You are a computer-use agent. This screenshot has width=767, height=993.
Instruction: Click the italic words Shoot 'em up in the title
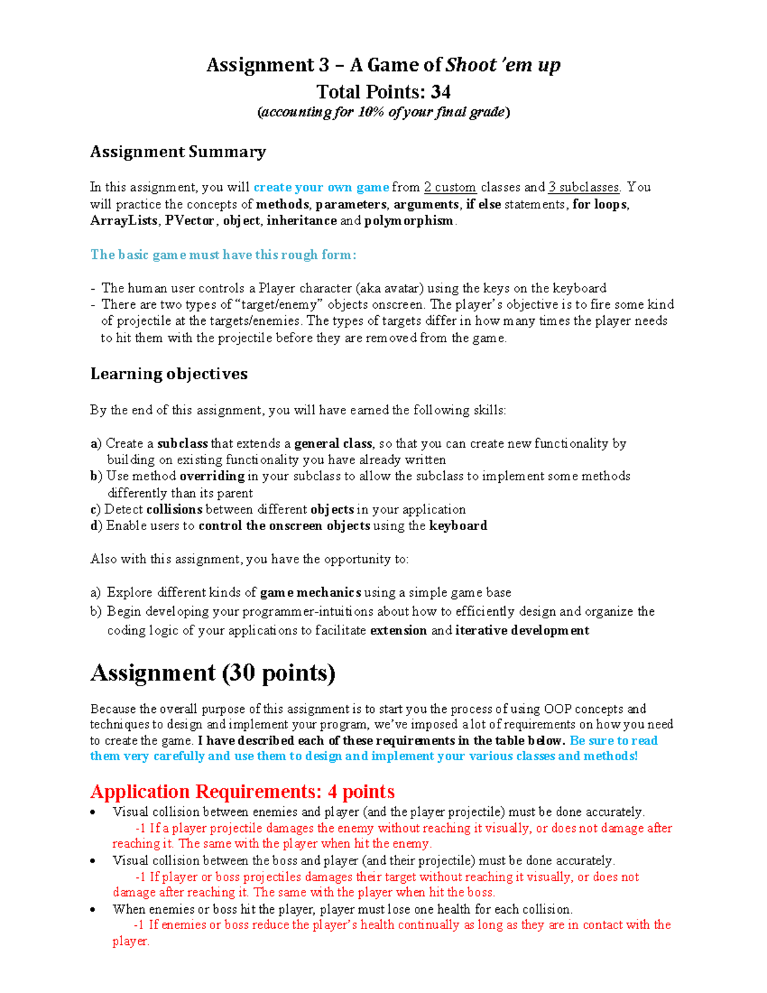coord(502,65)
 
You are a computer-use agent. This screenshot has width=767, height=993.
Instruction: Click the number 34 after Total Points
coord(440,92)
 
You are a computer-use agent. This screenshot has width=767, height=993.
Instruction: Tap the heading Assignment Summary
coord(178,152)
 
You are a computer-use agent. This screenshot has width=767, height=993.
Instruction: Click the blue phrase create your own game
coord(321,187)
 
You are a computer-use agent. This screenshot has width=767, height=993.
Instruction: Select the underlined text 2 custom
coord(450,187)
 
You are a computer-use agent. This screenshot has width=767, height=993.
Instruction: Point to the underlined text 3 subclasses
coord(584,187)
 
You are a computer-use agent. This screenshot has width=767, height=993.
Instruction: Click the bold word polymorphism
coord(409,221)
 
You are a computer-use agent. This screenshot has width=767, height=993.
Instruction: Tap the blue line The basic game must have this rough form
coord(223,254)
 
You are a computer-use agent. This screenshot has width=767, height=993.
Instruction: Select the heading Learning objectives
coord(169,374)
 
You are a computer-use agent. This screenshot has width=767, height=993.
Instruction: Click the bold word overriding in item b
coord(212,476)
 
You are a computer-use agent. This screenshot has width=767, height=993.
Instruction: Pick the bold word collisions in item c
coord(174,510)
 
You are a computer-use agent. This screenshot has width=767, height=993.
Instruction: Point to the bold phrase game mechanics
coord(311,593)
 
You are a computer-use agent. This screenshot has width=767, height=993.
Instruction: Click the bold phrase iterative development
coord(522,630)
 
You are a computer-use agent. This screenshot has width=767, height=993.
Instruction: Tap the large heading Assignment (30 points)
coord(213,673)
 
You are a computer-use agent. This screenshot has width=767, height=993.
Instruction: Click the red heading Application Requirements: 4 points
coord(242,792)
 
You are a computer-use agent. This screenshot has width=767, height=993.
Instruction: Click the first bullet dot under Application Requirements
coord(94,813)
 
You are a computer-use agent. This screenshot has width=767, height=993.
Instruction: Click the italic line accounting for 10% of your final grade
coord(383,113)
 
